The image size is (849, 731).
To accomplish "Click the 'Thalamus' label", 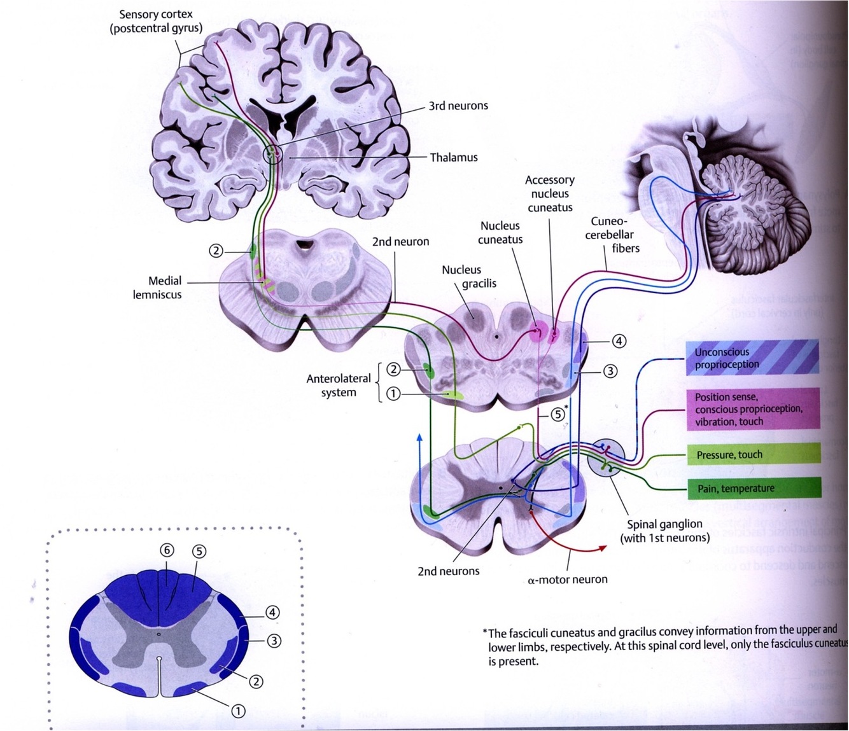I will pyautogui.click(x=453, y=157).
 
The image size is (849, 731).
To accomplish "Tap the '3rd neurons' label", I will pyautogui.click(x=458, y=106).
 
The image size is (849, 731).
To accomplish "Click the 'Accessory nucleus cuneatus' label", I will pyautogui.click(x=550, y=193).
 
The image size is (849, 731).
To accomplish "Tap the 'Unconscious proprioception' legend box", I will pyautogui.click(x=752, y=358).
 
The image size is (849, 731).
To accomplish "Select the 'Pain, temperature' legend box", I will pyautogui.click(x=754, y=489).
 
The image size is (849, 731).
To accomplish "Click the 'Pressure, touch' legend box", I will pyautogui.click(x=754, y=454).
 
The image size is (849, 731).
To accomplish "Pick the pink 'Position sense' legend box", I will pyautogui.click(x=754, y=409).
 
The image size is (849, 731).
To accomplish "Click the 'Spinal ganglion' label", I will pyautogui.click(x=664, y=531).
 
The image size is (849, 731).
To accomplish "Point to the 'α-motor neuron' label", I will pyautogui.click(x=568, y=579).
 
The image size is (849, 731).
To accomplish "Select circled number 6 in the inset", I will pyautogui.click(x=167, y=550).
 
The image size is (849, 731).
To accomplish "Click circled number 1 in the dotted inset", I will pyautogui.click(x=237, y=711).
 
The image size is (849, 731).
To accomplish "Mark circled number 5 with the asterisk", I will pyautogui.click(x=558, y=414).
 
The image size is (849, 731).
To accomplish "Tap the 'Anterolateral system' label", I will pyautogui.click(x=339, y=385).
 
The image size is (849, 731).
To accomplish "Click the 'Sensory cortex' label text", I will pyautogui.click(x=156, y=21).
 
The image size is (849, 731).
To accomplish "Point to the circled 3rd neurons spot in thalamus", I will pyautogui.click(x=272, y=153).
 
